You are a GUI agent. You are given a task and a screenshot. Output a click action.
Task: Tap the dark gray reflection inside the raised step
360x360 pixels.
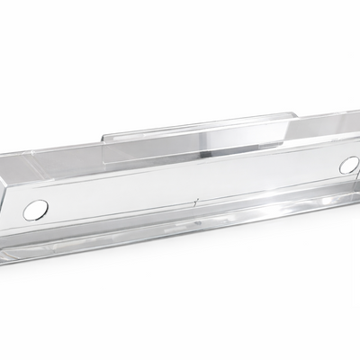click(x=229, y=139)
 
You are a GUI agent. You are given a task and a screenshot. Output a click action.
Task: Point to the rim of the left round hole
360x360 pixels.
click(x=44, y=209)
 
